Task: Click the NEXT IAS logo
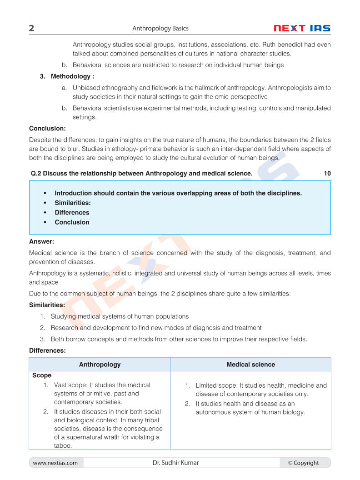(x=302, y=28)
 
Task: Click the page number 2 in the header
(x=31, y=28)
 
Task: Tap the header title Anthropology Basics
(x=160, y=28)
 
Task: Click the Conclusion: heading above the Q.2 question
(x=47, y=129)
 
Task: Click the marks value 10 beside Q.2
(x=327, y=173)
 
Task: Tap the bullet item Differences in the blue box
(x=72, y=212)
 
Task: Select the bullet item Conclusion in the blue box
(x=72, y=222)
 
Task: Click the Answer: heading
(x=41, y=241)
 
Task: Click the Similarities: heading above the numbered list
(x=47, y=305)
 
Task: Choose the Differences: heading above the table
(x=47, y=350)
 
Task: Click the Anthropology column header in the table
(x=100, y=365)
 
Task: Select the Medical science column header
(x=250, y=365)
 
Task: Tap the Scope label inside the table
(x=42, y=375)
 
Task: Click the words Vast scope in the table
(x=70, y=385)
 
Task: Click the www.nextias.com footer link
(x=55, y=463)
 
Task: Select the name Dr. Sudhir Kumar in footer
(x=175, y=463)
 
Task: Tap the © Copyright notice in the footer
(x=303, y=463)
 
